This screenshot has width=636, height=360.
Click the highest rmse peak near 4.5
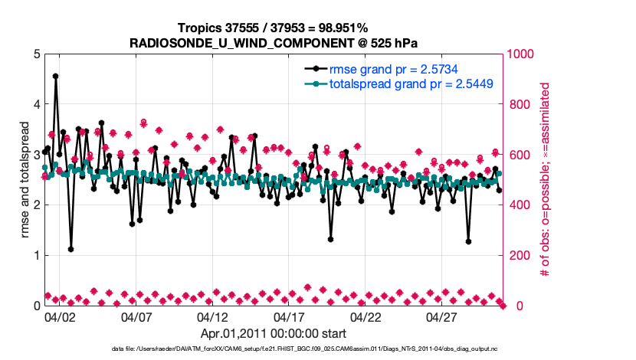click(55, 77)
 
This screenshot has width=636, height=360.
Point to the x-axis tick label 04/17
click(289, 316)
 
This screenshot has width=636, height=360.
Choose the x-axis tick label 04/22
click(366, 316)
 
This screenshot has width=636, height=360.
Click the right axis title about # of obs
click(546, 179)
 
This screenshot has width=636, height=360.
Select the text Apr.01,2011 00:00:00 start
click(274, 334)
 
